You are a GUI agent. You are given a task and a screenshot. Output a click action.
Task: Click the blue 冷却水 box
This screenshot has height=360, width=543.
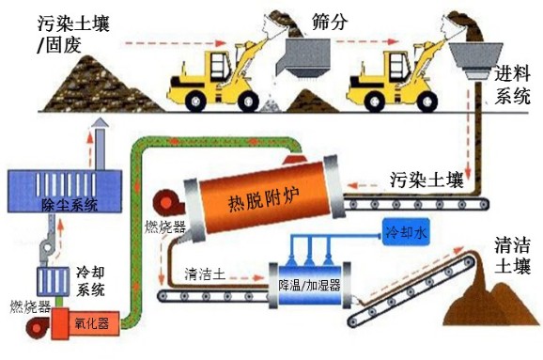pos(406,229)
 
